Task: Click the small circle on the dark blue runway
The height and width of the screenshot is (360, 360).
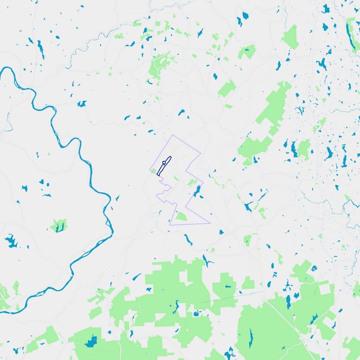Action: [164, 164]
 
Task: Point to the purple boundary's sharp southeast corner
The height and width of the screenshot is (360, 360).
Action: [210, 223]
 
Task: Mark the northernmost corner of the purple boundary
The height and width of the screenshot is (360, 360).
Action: [173, 135]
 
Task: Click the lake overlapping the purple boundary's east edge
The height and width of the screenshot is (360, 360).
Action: [196, 191]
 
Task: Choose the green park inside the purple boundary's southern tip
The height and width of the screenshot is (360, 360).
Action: [180, 216]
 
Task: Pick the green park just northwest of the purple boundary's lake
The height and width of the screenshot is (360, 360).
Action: [191, 182]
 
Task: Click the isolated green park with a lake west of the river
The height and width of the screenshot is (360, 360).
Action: [58, 226]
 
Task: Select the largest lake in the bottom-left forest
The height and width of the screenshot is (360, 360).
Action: [91, 342]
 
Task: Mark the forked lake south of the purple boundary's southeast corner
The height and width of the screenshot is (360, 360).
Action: [208, 261]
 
